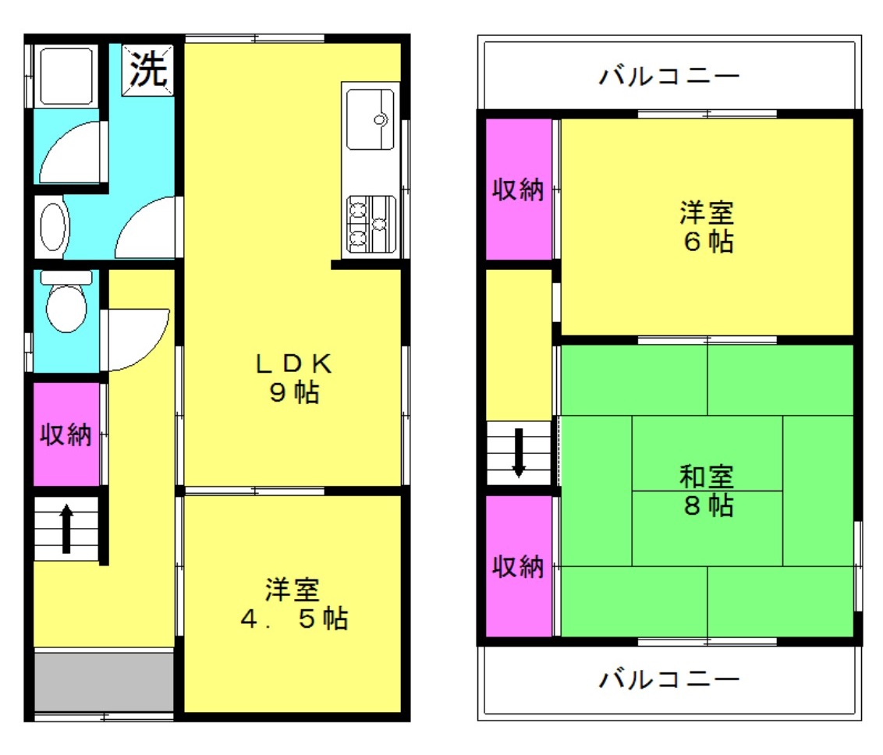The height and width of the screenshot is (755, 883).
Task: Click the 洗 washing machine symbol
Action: [148, 69]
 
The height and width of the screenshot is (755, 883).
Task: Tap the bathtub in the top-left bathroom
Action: [66, 76]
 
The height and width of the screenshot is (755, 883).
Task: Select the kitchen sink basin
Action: [370, 119]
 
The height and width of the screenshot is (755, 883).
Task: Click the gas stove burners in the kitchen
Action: [371, 224]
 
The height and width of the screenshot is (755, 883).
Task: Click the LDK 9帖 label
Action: [293, 378]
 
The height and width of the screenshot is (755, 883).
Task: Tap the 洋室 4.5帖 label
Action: [293, 604]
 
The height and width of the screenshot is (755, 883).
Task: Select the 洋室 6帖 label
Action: [707, 227]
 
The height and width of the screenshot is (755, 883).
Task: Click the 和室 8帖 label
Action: [707, 491]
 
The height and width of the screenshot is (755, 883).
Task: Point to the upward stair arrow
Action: [66, 529]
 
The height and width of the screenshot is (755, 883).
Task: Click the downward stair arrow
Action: [519, 452]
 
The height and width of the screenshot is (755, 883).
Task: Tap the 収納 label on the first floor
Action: [66, 434]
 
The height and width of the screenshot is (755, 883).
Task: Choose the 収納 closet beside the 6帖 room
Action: [519, 190]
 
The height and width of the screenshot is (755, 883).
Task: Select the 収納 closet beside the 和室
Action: [519, 565]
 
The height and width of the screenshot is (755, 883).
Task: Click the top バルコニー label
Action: [669, 76]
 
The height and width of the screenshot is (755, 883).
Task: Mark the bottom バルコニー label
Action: [669, 679]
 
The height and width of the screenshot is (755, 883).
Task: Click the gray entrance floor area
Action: [105, 682]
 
